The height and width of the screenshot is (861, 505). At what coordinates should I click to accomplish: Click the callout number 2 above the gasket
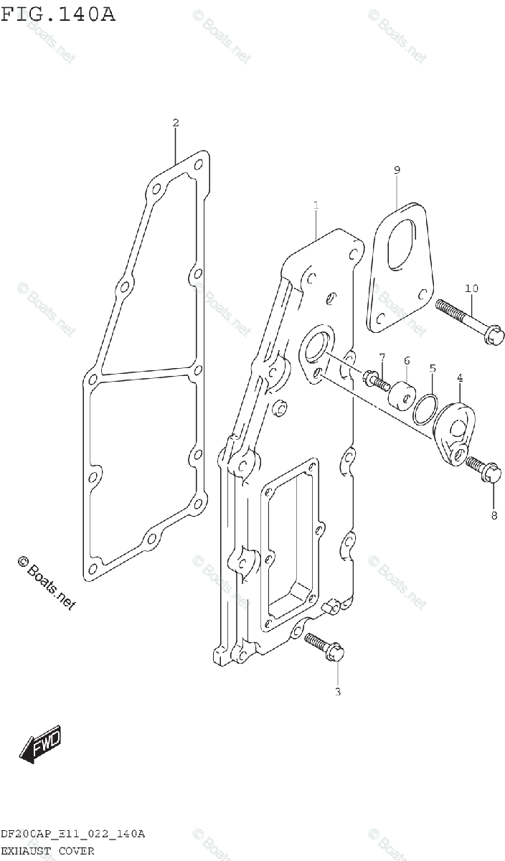[x=176, y=123]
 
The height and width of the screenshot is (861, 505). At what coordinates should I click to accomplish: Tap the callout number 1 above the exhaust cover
[x=316, y=206]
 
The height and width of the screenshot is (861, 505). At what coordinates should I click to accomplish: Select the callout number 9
[x=397, y=170]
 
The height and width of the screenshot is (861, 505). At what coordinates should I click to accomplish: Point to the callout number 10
[x=471, y=288]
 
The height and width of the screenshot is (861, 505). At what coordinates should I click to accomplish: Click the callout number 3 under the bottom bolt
[x=338, y=692]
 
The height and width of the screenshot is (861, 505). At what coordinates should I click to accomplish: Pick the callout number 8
[x=494, y=514]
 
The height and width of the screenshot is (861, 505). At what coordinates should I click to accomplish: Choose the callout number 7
[x=382, y=357]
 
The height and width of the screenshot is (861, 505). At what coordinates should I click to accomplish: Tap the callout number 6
[x=406, y=360]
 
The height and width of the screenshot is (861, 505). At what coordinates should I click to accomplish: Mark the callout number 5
[x=433, y=369]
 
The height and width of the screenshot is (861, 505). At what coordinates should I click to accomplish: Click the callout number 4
[x=459, y=377]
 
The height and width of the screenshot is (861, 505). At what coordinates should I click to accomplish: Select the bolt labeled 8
[x=481, y=469]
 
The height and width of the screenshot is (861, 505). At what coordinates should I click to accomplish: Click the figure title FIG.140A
[x=58, y=14]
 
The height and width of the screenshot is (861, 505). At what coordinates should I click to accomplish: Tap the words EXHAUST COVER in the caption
[x=47, y=851]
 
